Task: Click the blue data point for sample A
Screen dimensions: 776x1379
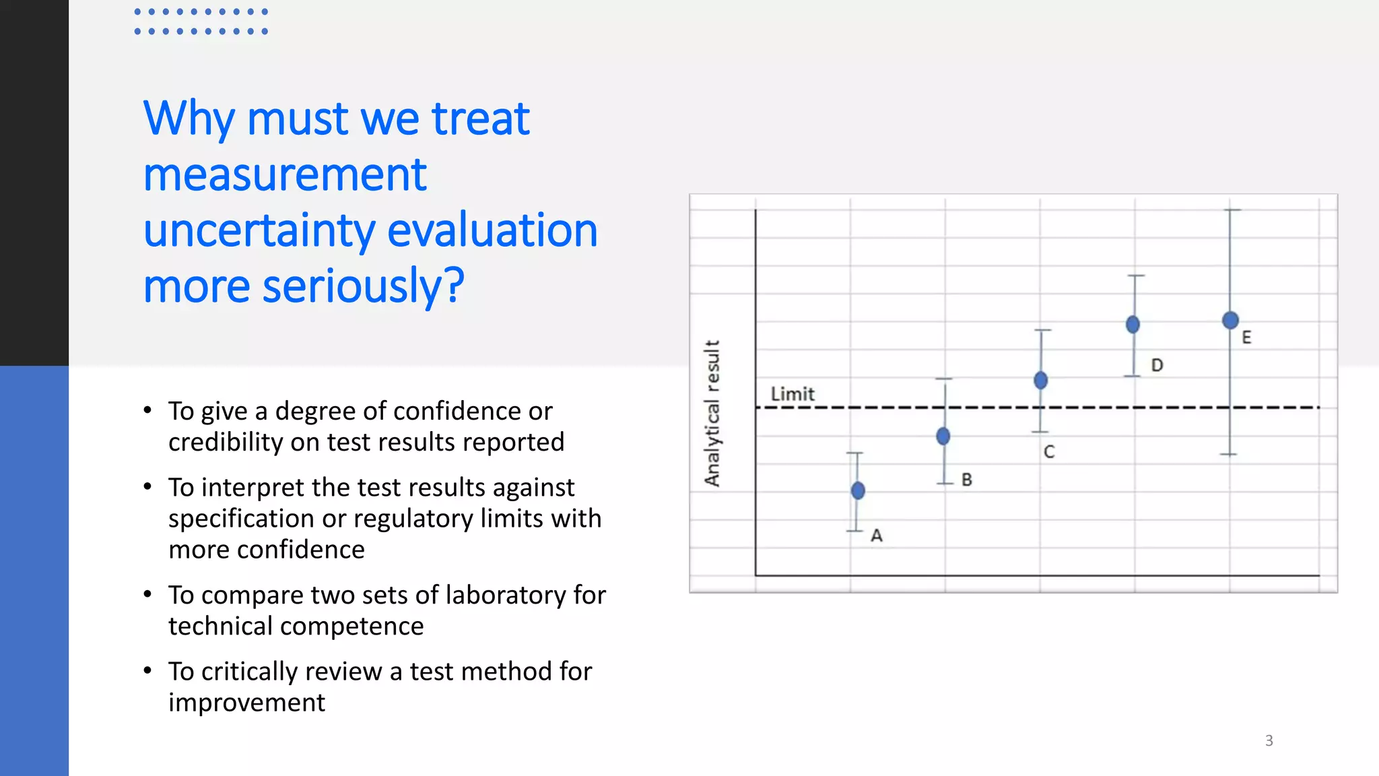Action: (858, 490)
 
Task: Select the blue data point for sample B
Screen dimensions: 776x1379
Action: (943, 437)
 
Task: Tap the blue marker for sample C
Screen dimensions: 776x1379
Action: (1040, 381)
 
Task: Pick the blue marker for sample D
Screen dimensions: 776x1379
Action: (1133, 325)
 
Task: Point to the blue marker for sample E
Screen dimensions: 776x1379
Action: (1230, 321)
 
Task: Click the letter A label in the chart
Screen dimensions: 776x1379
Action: (877, 536)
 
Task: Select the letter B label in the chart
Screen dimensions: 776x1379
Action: (967, 480)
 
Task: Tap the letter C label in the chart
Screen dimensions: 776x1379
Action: (1049, 452)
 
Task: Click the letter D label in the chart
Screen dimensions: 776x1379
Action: (1157, 365)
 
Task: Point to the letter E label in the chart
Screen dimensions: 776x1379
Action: (1246, 337)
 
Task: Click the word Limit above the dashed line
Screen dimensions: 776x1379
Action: (793, 394)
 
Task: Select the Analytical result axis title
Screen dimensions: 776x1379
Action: (712, 413)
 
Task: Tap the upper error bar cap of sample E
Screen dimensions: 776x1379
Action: (1232, 210)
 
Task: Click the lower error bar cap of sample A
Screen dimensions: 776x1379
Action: (855, 531)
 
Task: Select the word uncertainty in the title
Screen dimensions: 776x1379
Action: (259, 230)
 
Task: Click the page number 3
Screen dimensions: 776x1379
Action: (1269, 741)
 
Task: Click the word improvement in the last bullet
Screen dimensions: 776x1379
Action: (246, 703)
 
